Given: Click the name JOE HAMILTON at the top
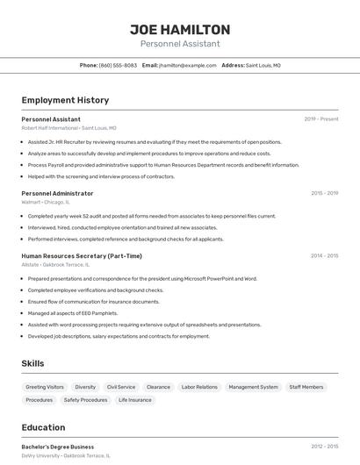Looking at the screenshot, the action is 180,30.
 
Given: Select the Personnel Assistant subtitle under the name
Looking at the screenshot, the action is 180,44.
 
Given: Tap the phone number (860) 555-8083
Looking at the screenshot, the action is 118,65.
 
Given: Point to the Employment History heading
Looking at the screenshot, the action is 65,100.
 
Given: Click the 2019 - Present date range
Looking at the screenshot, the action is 321,118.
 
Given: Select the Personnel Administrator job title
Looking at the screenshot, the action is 57,193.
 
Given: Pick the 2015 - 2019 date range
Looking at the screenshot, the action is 324,193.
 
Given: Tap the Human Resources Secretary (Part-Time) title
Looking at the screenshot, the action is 82,256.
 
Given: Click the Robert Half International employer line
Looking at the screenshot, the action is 68,128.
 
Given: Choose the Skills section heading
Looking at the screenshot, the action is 33,363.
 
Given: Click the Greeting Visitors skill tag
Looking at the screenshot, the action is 45,387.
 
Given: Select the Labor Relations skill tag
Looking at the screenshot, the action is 199,387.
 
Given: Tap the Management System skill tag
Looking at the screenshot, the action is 253,387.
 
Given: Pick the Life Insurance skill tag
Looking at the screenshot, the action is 134,400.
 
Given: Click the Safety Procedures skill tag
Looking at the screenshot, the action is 85,400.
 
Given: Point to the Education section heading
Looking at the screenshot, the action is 43,427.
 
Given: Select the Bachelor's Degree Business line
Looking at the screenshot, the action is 58,447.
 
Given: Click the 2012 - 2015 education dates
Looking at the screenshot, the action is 324,447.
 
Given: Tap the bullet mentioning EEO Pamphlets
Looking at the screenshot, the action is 72,313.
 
